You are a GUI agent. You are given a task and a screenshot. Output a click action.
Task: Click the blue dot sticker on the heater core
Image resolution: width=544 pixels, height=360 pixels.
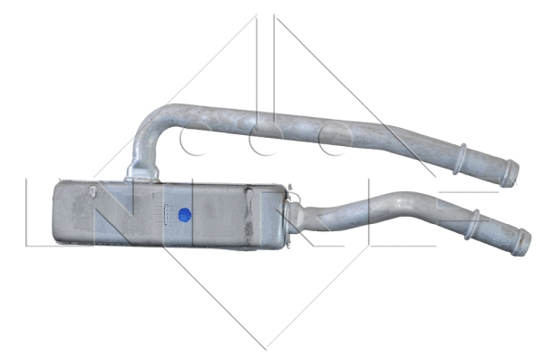pyautogui.click(x=185, y=215)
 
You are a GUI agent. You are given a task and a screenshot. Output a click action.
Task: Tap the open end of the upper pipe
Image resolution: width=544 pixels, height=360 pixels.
pyautogui.click(x=513, y=173)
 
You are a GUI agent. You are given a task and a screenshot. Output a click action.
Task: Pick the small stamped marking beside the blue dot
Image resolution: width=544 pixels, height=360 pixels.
pyautogui.click(x=167, y=214)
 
